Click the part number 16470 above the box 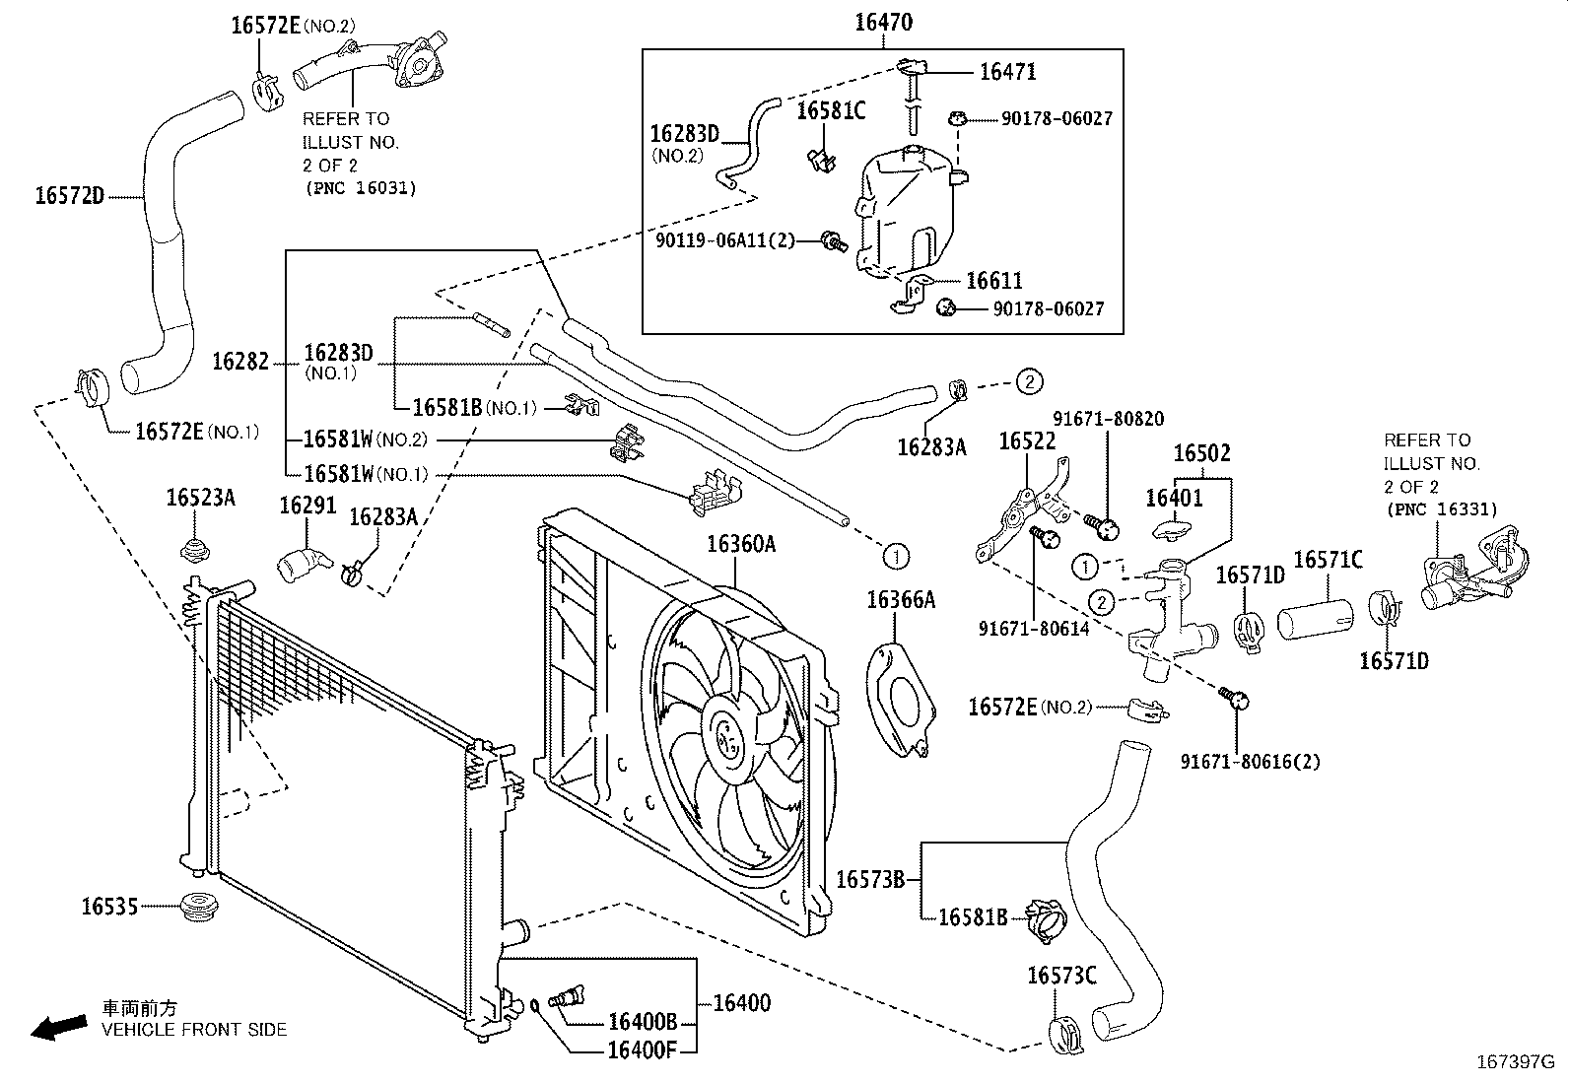coord(884,23)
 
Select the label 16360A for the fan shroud coord(741,544)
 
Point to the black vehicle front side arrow coord(59,1028)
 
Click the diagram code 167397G coord(1516,1062)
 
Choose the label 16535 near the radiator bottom coord(110,907)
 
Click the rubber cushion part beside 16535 coord(196,910)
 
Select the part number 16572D coord(69,195)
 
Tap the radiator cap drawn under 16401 coord(1172,530)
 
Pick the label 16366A coord(901,600)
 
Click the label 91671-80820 coord(1108,419)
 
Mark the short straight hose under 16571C coord(1316,619)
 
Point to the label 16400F coord(643,1050)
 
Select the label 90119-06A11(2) coord(725,241)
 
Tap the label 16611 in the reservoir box coord(994,280)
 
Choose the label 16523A coord(200,498)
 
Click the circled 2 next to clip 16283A coord(1029,381)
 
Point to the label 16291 coord(307,506)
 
